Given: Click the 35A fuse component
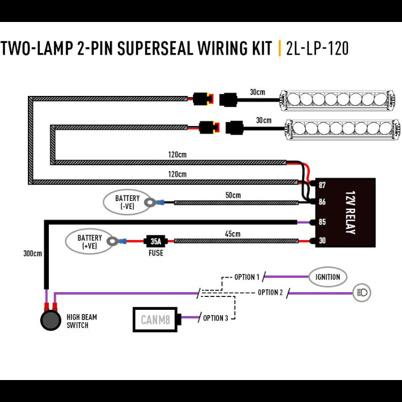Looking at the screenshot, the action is [155, 241].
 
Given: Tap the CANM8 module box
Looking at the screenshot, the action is [155, 319].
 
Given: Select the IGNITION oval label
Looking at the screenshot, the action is [327, 277].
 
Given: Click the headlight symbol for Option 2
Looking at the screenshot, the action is [362, 293].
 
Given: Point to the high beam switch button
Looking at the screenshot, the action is [51, 320].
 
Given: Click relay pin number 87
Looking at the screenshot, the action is [322, 185].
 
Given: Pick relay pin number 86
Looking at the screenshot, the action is [322, 202].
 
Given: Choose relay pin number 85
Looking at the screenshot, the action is [322, 222].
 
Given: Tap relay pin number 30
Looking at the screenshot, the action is [322, 241].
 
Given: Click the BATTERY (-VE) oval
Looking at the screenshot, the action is [128, 202].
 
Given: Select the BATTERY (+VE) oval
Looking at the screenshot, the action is [90, 241].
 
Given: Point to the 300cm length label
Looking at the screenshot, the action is [33, 254].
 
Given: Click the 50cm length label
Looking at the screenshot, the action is [233, 195].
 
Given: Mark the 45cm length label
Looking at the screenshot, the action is [233, 234].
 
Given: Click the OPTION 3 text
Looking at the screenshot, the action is [215, 318].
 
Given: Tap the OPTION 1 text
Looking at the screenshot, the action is [247, 277].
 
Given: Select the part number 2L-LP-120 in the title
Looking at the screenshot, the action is [317, 48].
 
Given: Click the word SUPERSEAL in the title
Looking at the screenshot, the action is [155, 48].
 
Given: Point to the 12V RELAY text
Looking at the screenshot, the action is [351, 212].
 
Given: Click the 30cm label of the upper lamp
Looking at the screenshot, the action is [258, 92].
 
